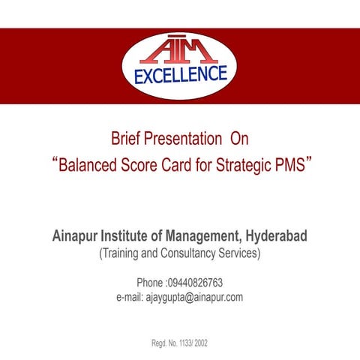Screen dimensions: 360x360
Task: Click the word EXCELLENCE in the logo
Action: (x=180, y=75)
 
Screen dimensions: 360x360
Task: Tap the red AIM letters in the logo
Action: (x=181, y=51)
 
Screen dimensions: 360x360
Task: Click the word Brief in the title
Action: (x=126, y=139)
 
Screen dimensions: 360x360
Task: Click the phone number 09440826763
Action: (x=198, y=283)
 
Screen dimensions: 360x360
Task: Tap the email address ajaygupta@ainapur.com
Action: (x=193, y=297)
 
